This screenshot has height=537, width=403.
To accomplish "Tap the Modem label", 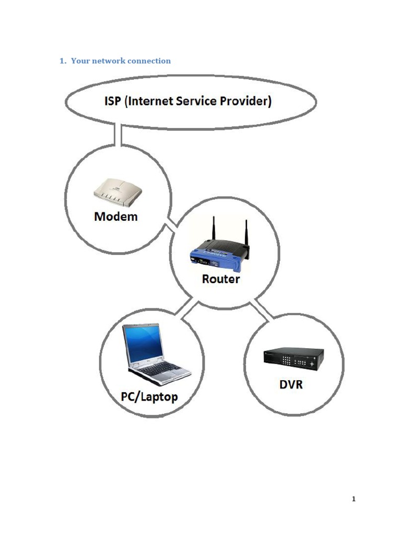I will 116,216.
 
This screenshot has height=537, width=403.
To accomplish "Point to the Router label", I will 221,279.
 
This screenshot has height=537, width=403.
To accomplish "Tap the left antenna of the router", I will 214,230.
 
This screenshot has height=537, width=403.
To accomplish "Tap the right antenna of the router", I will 246,233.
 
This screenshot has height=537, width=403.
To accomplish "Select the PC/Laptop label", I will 149,396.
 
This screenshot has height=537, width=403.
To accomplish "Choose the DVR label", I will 290,384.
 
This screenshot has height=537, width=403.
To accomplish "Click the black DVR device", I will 293,359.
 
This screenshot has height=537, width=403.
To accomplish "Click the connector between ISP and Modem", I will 118,135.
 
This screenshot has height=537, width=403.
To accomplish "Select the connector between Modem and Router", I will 171,229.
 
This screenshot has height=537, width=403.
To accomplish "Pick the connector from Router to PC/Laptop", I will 187,309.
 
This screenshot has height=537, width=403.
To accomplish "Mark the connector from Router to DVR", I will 262,310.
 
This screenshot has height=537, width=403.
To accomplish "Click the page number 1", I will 354,499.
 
